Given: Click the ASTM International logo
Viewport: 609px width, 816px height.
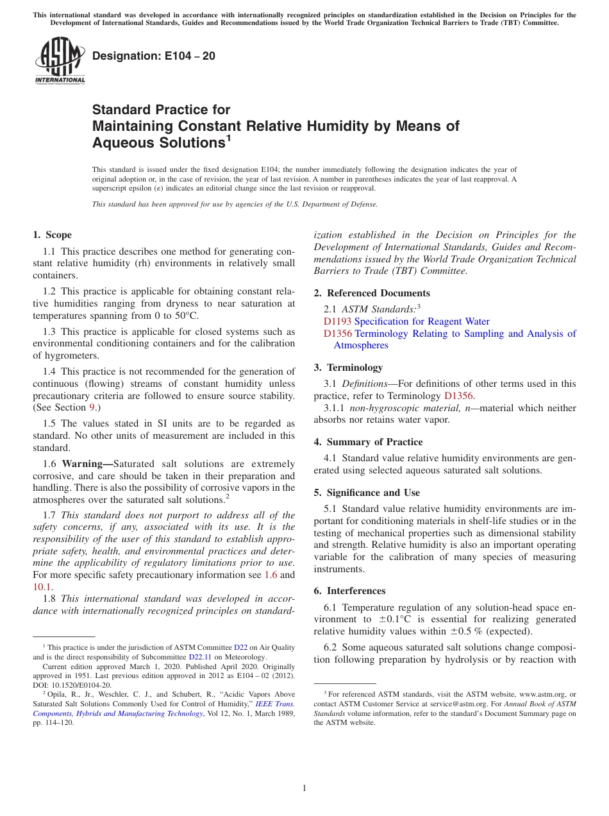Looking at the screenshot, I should click(x=59, y=61).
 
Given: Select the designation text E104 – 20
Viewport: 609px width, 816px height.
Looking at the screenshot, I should click(x=154, y=56).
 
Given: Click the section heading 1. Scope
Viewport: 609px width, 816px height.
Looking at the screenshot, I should click(x=53, y=235).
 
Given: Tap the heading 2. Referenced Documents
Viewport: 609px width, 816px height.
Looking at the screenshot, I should click(x=372, y=293).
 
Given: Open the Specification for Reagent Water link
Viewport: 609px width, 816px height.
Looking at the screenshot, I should click(x=422, y=321).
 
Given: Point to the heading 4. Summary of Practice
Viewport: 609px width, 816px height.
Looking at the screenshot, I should click(x=368, y=442).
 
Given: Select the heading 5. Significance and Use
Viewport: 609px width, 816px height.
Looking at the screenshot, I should click(x=367, y=493).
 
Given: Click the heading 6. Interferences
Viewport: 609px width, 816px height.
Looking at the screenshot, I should click(x=349, y=591).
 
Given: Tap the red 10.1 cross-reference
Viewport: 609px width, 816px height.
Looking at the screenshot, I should click(x=41, y=586).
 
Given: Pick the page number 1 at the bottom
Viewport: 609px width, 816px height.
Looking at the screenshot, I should click(x=304, y=788).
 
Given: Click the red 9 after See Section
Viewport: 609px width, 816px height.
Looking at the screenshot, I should click(x=91, y=407).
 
